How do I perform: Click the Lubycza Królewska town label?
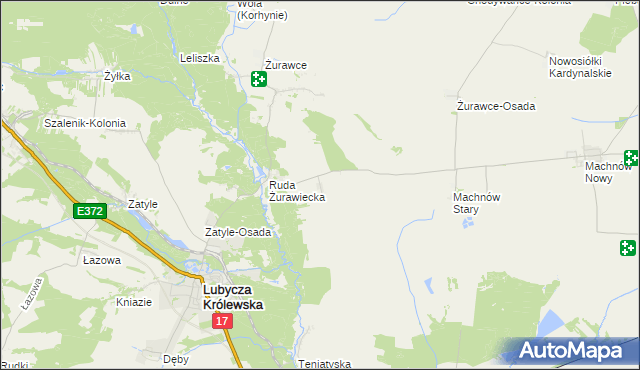[232, 297]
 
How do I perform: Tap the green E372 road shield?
[88, 211]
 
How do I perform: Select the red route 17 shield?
[222, 321]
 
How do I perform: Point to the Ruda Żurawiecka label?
[296, 191]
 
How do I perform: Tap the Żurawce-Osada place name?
[495, 106]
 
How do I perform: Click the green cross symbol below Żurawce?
[259, 80]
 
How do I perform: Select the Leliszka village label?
[199, 58]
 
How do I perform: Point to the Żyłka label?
[118, 75]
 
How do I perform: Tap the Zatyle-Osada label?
[238, 232]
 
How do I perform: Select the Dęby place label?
[175, 357]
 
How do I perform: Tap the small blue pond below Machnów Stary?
[467, 223]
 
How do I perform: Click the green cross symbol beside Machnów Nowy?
[632, 157]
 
